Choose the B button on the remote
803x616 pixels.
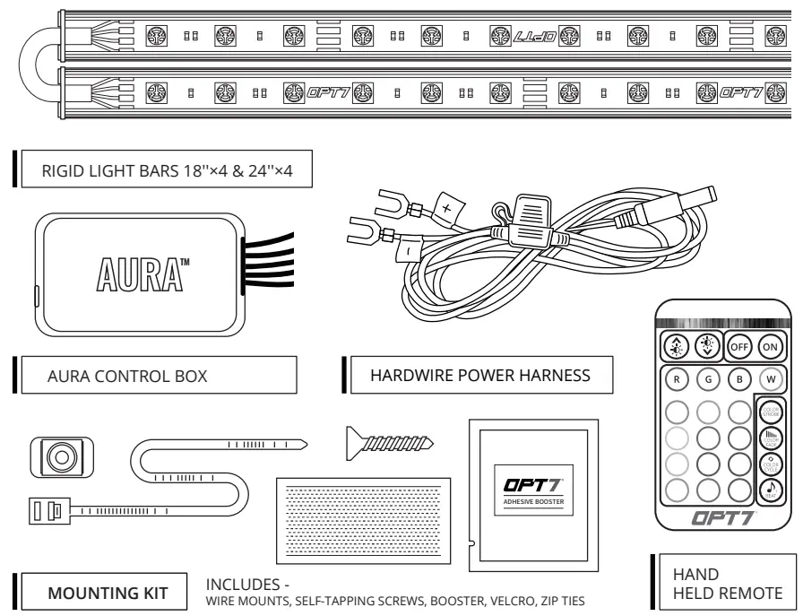coord(738,377)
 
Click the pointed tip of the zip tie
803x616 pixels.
coord(305,443)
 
